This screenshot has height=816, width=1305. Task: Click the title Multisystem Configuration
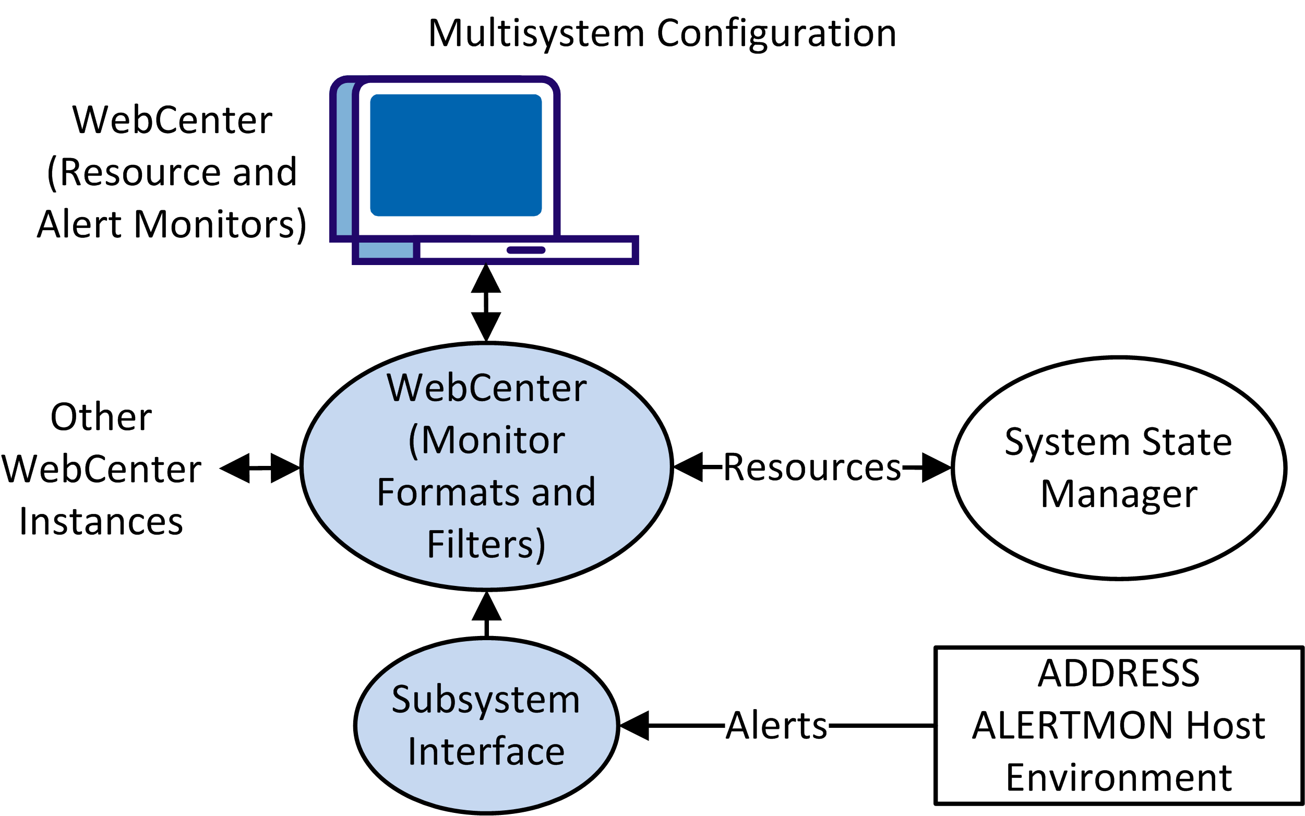pyautogui.click(x=662, y=33)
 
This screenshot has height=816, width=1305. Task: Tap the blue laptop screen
pyautogui.click(x=456, y=155)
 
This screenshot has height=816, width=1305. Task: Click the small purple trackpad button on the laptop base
pyautogui.click(x=525, y=250)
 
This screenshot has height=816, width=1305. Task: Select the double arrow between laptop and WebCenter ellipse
pyautogui.click(x=486, y=302)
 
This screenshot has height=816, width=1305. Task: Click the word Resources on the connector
pyautogui.click(x=812, y=467)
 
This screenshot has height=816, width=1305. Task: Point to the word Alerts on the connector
pyautogui.click(x=776, y=725)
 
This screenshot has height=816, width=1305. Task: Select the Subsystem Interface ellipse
pyautogui.click(x=486, y=725)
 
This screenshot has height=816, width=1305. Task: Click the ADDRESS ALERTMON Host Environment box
pyautogui.click(x=1118, y=725)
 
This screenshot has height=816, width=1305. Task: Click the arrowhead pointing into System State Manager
pyautogui.click(x=936, y=467)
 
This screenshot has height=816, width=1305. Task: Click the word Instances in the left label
pyautogui.click(x=101, y=521)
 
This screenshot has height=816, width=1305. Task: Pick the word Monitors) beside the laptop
pyautogui.click(x=220, y=224)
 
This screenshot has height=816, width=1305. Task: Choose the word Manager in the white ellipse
pyautogui.click(x=1118, y=494)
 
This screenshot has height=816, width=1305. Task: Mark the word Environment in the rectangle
pyautogui.click(x=1118, y=778)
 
